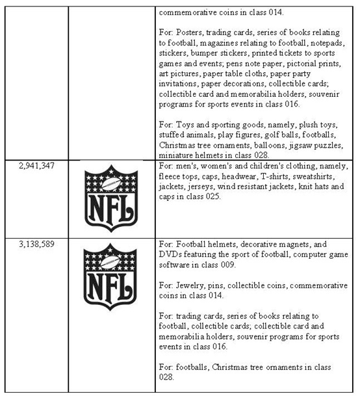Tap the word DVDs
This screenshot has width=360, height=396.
(x=172, y=255)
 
